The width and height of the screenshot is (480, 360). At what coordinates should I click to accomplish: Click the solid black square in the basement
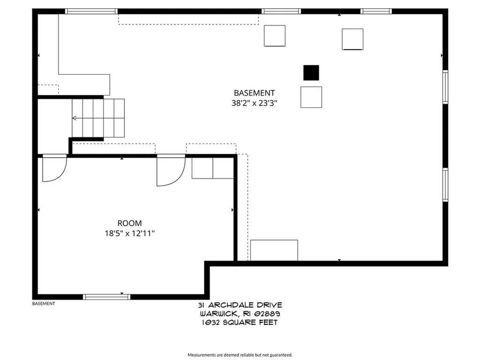click(311, 73)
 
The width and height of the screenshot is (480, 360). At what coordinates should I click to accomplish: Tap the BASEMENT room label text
click(254, 93)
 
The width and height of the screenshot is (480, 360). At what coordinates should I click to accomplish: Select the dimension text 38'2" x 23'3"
click(254, 103)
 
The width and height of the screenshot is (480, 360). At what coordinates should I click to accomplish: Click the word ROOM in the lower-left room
click(129, 224)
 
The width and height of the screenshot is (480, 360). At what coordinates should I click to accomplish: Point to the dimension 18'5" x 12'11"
click(129, 233)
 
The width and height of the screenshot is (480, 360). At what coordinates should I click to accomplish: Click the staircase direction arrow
click(75, 118)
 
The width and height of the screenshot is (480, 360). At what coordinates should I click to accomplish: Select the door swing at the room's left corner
click(53, 169)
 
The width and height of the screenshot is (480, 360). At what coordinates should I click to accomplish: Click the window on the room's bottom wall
click(106, 296)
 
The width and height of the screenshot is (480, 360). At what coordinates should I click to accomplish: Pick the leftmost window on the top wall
click(91, 11)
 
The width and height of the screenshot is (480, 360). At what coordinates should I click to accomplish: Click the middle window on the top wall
click(281, 11)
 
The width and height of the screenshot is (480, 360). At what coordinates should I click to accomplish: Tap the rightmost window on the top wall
click(376, 11)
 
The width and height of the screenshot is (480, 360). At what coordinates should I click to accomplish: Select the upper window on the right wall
click(445, 87)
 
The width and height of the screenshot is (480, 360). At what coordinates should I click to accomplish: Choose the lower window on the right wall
click(445, 185)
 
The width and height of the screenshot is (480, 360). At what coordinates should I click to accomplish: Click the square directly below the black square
click(311, 97)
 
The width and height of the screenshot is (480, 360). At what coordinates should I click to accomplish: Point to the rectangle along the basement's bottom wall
click(274, 250)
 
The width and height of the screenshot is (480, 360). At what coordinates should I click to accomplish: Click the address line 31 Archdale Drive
click(240, 305)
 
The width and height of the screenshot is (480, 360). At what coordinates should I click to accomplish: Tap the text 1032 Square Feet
click(240, 322)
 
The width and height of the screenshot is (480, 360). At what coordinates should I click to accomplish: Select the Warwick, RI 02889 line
click(240, 314)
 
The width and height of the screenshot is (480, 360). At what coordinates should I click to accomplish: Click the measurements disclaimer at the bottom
click(240, 355)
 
